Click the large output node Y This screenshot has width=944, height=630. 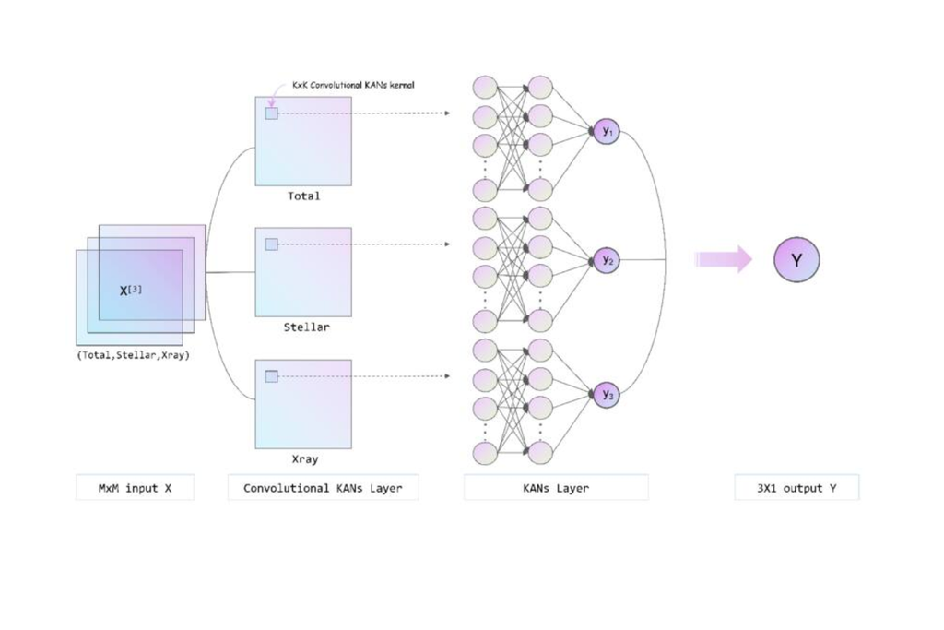point(796,260)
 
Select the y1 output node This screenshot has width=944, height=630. point(606,132)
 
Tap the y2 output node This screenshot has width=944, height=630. point(606,261)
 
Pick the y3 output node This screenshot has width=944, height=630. point(606,395)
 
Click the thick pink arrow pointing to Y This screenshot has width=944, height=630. point(724,259)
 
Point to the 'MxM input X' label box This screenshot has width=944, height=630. point(135,488)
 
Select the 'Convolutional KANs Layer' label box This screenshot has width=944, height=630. point(323,488)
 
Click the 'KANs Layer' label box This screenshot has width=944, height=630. point(555,488)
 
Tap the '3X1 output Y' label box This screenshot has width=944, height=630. point(796,488)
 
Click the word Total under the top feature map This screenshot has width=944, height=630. point(303,196)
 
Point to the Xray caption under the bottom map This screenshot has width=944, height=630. point(304,458)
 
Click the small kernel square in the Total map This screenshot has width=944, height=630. point(271,113)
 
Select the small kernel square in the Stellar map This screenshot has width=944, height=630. point(271,244)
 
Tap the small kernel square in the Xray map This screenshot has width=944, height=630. point(271,376)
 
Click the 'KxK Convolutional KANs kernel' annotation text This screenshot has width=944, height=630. point(353,85)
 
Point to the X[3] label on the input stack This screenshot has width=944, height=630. point(131,291)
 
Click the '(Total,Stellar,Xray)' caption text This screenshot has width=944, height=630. point(134,355)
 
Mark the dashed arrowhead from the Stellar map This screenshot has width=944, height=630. point(446,244)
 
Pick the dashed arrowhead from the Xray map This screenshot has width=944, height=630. point(446,376)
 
